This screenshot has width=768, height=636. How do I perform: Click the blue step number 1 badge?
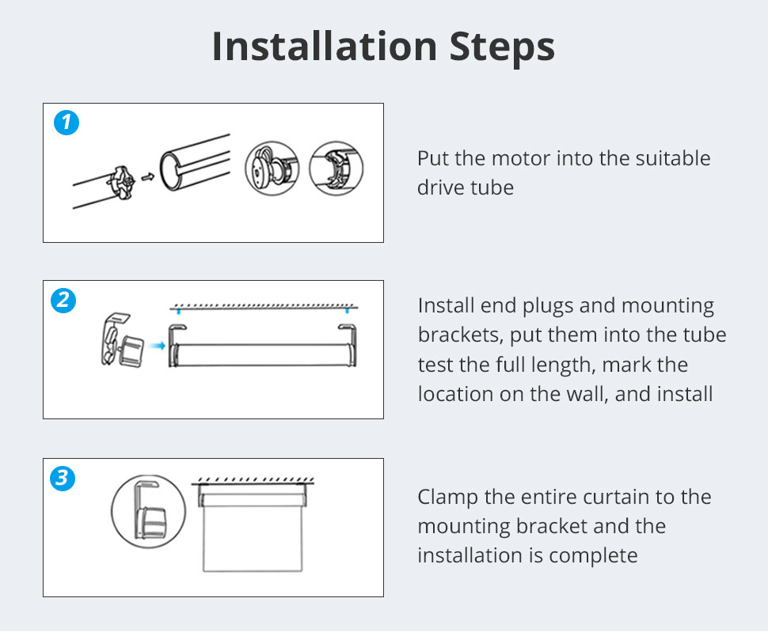[67, 123]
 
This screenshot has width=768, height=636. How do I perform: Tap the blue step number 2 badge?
[63, 300]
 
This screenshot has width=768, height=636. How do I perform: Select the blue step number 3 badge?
[63, 478]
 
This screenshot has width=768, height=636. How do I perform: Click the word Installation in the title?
[325, 47]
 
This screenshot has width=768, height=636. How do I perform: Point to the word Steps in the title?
[502, 47]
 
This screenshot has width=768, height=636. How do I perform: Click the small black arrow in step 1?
[147, 176]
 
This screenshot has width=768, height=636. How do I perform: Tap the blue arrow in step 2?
[157, 346]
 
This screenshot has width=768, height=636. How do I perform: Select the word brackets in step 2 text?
[461, 335]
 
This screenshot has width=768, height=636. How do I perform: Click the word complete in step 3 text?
[593, 556]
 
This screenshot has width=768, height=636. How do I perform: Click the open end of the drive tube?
[170, 171]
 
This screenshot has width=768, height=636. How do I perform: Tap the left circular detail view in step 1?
[272, 168]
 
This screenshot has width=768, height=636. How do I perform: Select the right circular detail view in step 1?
[336, 168]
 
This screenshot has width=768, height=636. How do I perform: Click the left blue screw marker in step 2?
[179, 311]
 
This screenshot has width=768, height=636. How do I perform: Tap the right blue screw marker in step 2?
[348, 311]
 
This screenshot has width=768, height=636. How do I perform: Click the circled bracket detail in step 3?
[148, 511]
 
